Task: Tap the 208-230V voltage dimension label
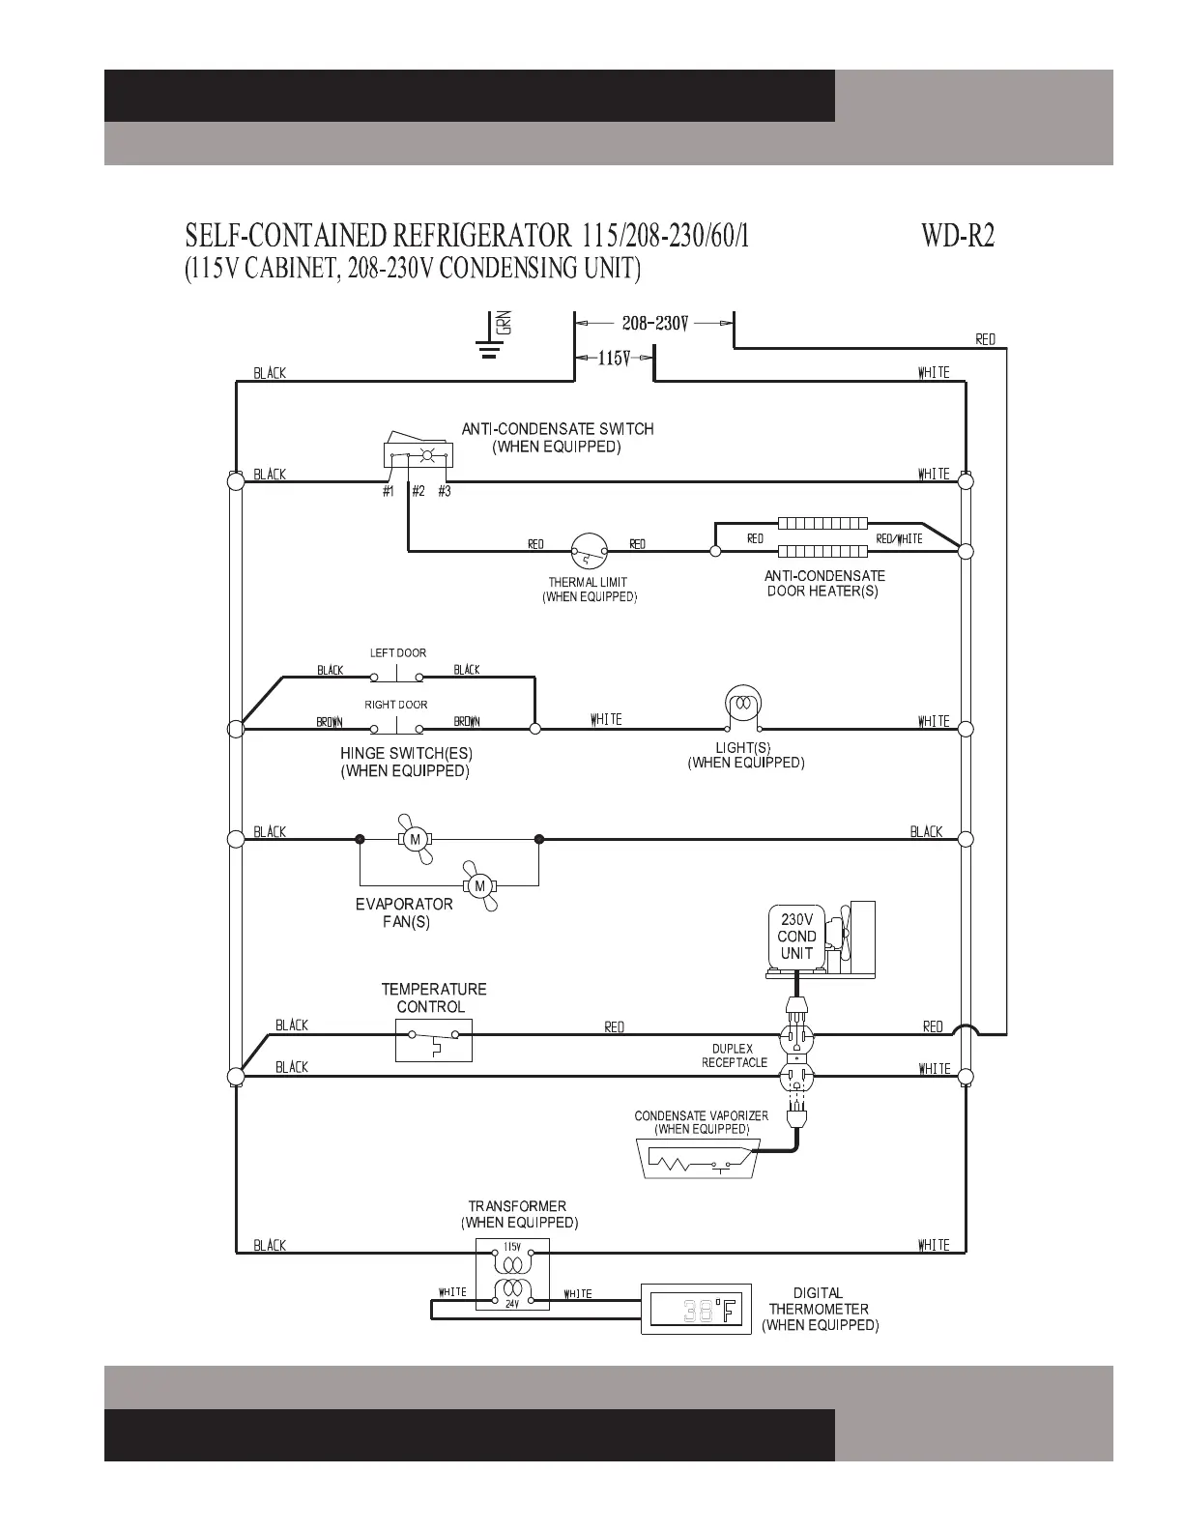(654, 324)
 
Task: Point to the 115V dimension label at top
(614, 358)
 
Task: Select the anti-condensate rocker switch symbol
(418, 450)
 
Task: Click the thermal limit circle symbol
(589, 551)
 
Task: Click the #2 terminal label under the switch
(418, 492)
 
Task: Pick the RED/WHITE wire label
(899, 539)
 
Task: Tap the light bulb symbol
(742, 707)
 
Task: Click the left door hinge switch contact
(396, 677)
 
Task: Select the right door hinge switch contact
(396, 728)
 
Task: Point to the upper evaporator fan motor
(415, 839)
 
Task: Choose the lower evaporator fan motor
(479, 885)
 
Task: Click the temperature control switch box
(433, 1040)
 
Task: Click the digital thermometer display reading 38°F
(696, 1309)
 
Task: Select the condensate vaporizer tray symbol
(696, 1159)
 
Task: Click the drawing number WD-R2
(958, 236)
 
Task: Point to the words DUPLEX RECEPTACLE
(735, 1055)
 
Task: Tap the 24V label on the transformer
(512, 1304)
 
